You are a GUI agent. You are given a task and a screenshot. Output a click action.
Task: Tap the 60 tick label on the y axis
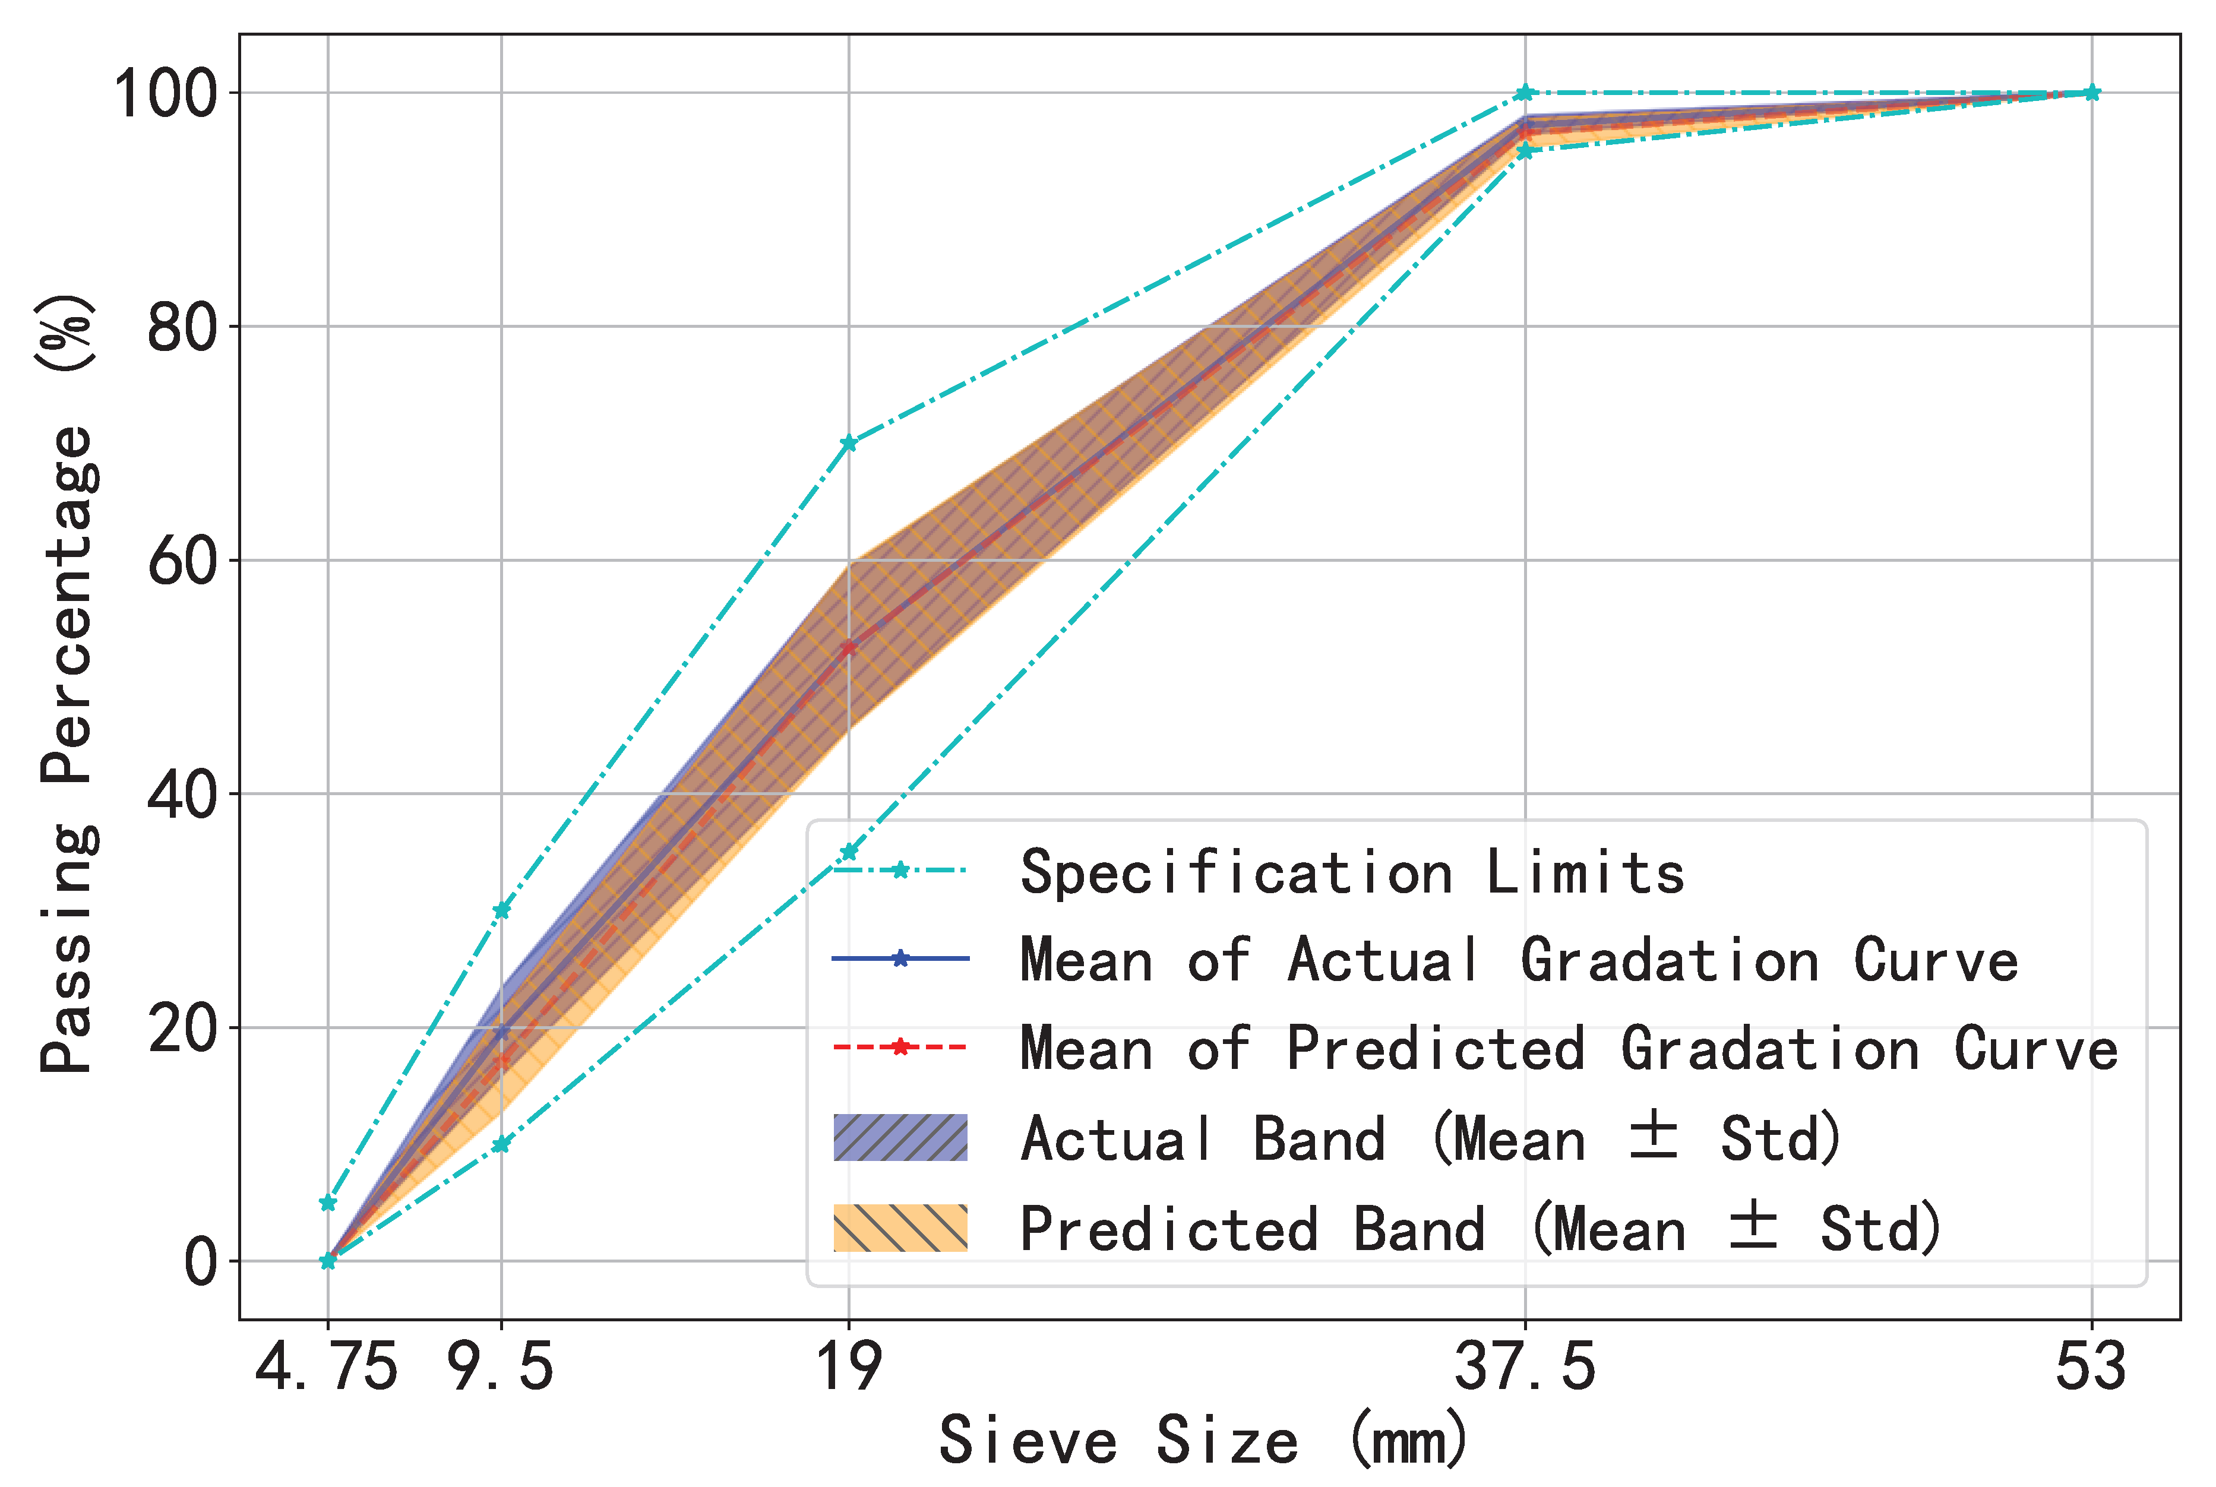pos(182,561)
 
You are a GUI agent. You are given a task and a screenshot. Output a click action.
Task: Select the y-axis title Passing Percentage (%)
pos(67,683)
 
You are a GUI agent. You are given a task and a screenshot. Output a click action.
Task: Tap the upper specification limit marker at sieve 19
pos(849,444)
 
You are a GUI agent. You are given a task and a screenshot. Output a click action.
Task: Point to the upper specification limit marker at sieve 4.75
pos(328,1204)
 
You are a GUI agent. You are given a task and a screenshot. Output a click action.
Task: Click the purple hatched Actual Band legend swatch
pos(900,1138)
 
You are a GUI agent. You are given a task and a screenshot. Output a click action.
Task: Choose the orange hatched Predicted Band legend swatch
pos(900,1228)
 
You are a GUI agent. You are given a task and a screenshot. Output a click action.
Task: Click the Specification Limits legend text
pos(1351,872)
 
